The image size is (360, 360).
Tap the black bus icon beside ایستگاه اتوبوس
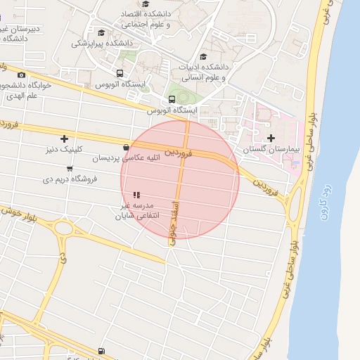click(120, 73)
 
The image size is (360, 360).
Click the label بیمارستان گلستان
click(271, 150)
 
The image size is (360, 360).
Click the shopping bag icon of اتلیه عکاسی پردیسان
click(126, 147)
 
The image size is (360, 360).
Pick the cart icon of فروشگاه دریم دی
click(69, 168)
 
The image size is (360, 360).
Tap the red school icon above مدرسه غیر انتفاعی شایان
click(136, 194)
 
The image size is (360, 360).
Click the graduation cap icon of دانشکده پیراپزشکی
click(101, 32)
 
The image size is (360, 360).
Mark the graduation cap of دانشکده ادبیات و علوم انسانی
click(204, 57)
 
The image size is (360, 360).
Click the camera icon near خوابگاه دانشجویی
click(21, 75)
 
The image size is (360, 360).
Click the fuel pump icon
click(103, 350)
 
